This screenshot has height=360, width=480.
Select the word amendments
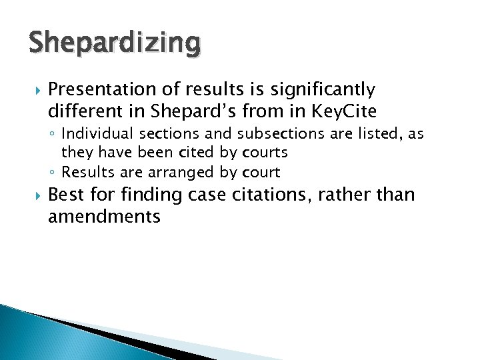pos(104,217)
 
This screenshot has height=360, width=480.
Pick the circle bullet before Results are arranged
pos(54,173)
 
